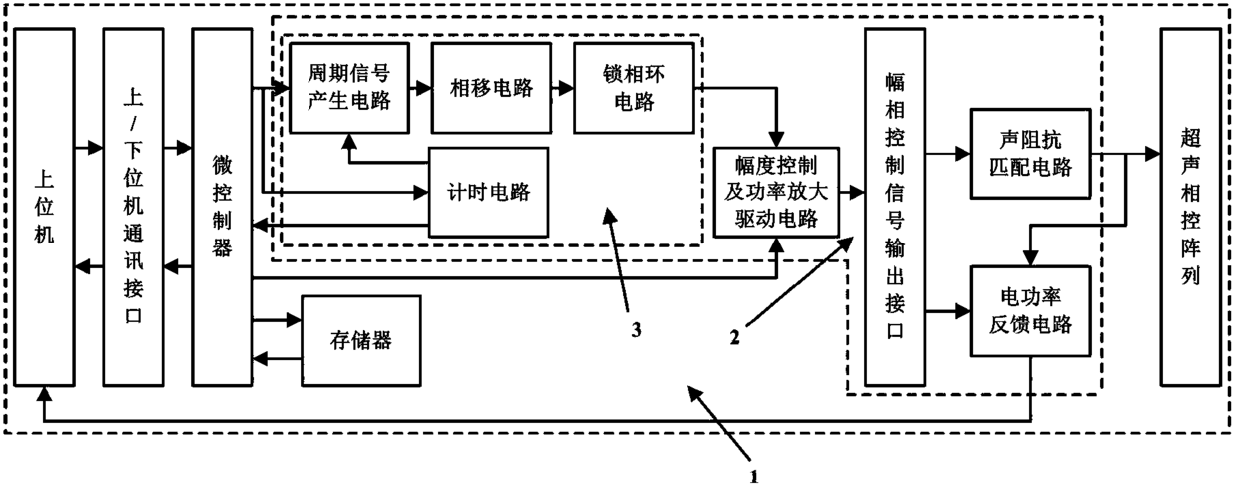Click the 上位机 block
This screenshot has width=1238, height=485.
point(44,208)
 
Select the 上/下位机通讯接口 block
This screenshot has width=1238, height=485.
point(133,208)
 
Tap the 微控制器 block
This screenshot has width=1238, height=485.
point(222,208)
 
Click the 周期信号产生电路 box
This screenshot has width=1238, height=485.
point(349,88)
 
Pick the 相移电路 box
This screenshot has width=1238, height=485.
point(491,88)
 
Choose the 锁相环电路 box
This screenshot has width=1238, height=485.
point(633,88)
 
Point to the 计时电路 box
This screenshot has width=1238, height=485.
point(488,192)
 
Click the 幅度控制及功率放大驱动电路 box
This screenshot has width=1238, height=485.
point(776,192)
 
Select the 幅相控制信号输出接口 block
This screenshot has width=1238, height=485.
point(895,208)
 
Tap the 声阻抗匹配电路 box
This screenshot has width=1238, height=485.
point(1030,153)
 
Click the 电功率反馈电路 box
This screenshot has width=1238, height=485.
point(1030,311)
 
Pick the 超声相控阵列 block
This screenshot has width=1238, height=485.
point(1190,208)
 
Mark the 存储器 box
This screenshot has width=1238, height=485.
point(360,341)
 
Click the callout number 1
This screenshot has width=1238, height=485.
point(754,476)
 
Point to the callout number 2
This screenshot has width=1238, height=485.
point(734,337)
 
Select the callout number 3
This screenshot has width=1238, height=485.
point(637,330)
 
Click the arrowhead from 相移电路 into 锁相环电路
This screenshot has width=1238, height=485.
point(566,88)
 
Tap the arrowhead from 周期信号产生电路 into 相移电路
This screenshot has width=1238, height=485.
point(424,88)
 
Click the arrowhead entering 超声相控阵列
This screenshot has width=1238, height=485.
point(1152,153)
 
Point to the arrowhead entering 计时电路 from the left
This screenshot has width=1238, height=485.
point(421,193)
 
